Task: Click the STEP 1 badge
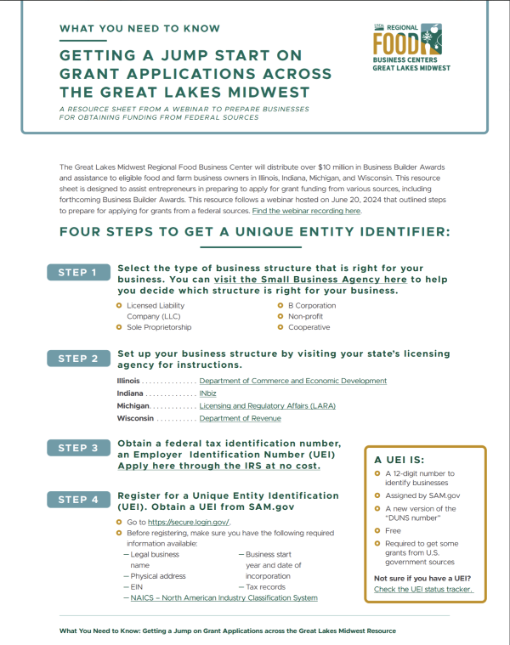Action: [78, 273]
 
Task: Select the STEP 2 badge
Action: [78, 359]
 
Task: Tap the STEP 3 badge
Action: [78, 448]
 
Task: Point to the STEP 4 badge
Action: [78, 500]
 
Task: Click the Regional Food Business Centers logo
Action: [411, 48]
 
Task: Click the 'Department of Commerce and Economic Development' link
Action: [292, 381]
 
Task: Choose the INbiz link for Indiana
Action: [207, 393]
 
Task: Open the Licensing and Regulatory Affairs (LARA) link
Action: [267, 406]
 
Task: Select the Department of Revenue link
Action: [240, 418]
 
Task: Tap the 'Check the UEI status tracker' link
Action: [422, 589]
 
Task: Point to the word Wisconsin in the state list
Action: [135, 418]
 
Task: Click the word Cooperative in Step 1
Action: [309, 327]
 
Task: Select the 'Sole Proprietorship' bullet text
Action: [159, 327]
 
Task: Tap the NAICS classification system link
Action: [224, 597]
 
